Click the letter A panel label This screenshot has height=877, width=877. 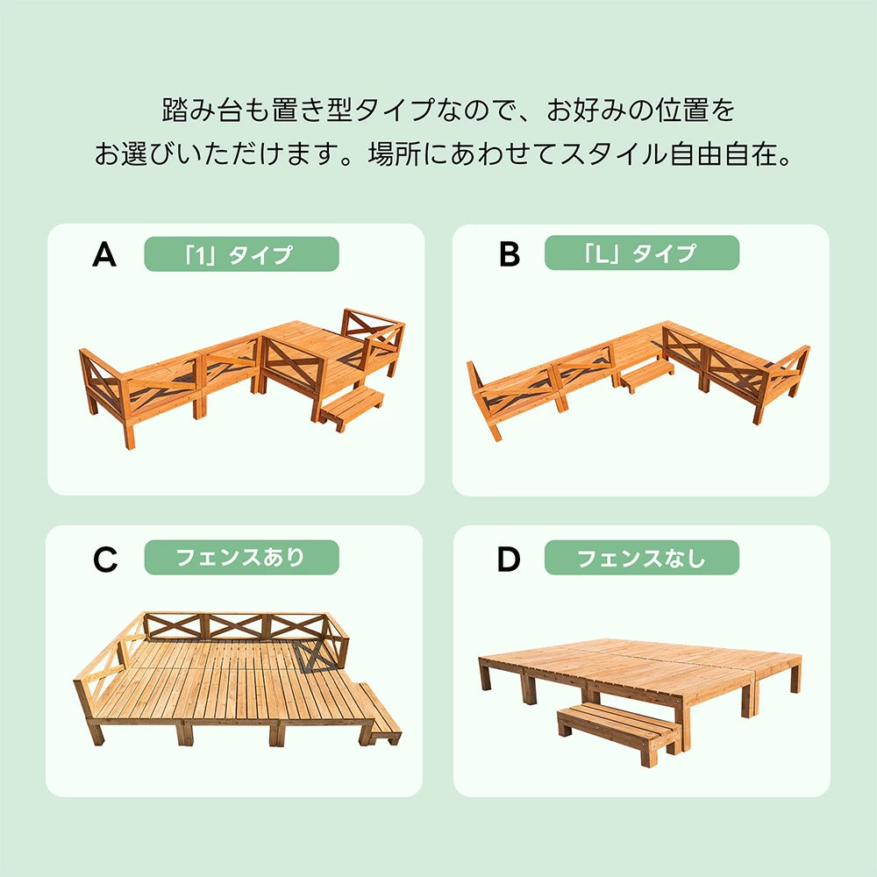pos(104,255)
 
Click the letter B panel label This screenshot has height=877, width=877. pos(510,254)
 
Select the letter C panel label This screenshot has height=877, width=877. pos(105,559)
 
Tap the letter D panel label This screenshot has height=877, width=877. pos(509,559)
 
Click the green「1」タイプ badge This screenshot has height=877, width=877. pos(242,254)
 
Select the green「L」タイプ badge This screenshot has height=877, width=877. pos(642,253)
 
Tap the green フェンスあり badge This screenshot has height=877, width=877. pos(242,557)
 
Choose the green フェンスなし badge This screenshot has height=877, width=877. pos(642,557)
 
